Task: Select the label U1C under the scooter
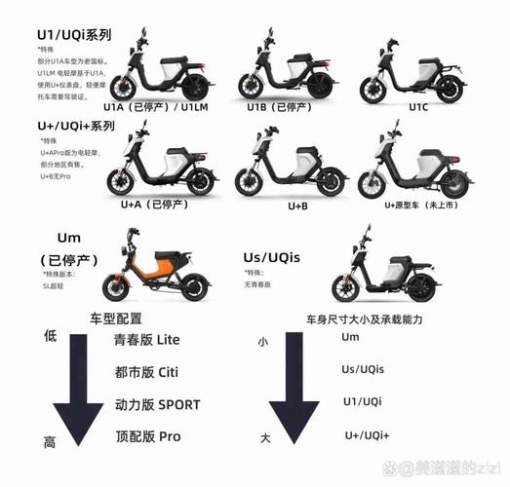418,108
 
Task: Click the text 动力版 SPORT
162,403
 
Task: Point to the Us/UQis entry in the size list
363,369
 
